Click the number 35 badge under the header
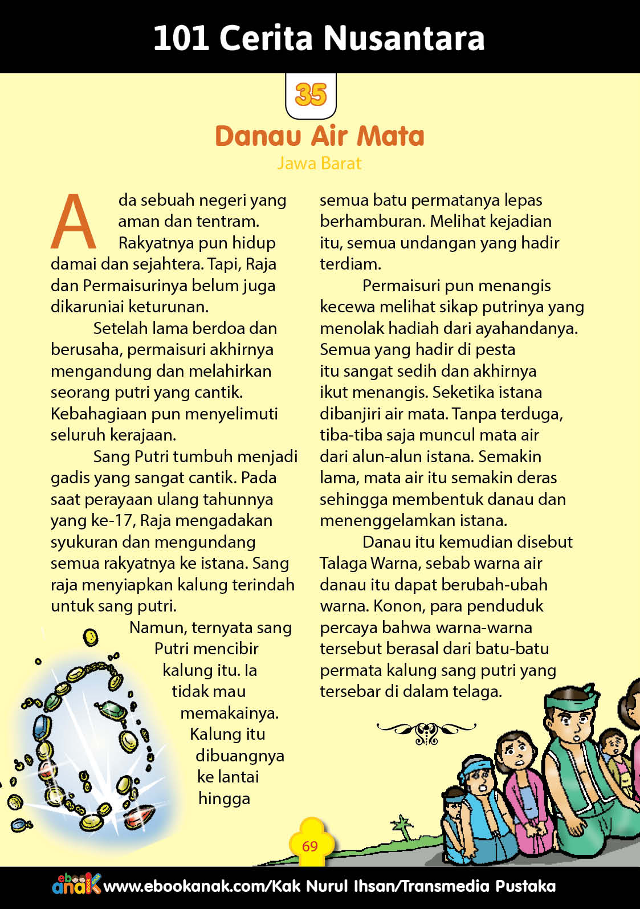point(311,95)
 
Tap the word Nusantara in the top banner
point(404,38)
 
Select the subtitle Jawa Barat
point(319,164)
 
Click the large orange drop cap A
point(74,222)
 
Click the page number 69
point(310,846)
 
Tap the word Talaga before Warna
point(343,563)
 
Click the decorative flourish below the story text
point(426,732)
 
